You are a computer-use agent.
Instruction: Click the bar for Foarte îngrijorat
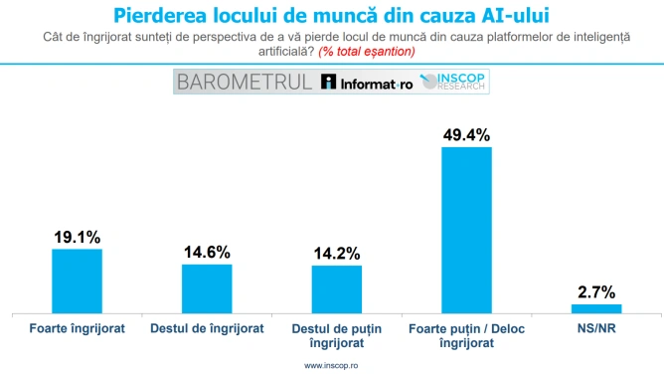point(78,281)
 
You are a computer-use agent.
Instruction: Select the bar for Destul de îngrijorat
point(207,288)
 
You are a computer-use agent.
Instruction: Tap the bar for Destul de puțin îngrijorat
point(337,289)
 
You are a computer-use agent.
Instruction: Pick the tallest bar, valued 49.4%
point(466,231)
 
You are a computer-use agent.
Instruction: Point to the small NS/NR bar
point(596,308)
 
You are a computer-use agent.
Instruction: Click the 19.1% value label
point(78,237)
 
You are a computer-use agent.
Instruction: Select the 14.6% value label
point(207,253)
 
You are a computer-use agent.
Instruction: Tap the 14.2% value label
point(337,254)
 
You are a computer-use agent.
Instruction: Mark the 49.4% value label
point(466,135)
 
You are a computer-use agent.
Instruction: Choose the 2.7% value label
point(596,292)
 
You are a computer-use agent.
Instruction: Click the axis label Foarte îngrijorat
point(78,328)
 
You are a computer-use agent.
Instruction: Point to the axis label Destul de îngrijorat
point(207,328)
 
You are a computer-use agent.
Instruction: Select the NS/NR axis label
point(596,328)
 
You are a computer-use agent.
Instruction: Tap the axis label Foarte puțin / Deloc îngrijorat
point(466,336)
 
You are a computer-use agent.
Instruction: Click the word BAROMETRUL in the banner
point(245,82)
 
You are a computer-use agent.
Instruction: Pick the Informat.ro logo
point(367,82)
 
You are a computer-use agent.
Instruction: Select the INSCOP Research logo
point(452,82)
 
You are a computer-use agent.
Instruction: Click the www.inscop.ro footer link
point(331,365)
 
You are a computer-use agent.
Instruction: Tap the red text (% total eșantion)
point(367,52)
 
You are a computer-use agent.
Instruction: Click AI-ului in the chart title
point(515,16)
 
